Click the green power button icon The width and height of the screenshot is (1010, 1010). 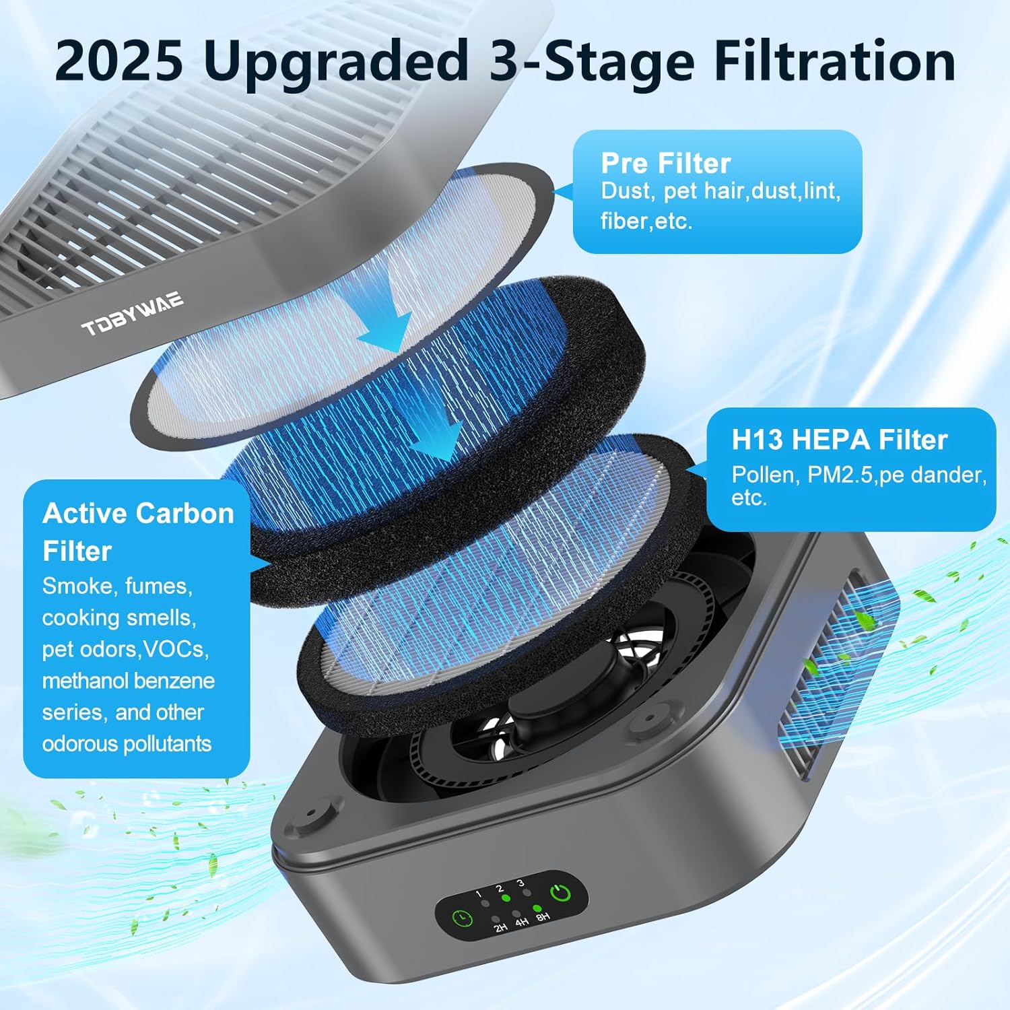click(561, 894)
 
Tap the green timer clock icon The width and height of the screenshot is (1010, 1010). click(462, 918)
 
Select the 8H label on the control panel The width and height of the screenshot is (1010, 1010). click(543, 916)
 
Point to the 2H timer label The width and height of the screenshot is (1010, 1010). click(500, 927)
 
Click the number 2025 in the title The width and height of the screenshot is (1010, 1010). click(119, 61)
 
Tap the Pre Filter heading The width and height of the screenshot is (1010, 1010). click(665, 163)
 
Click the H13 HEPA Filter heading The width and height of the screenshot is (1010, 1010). click(840, 440)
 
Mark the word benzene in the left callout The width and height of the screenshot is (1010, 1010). click(177, 681)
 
